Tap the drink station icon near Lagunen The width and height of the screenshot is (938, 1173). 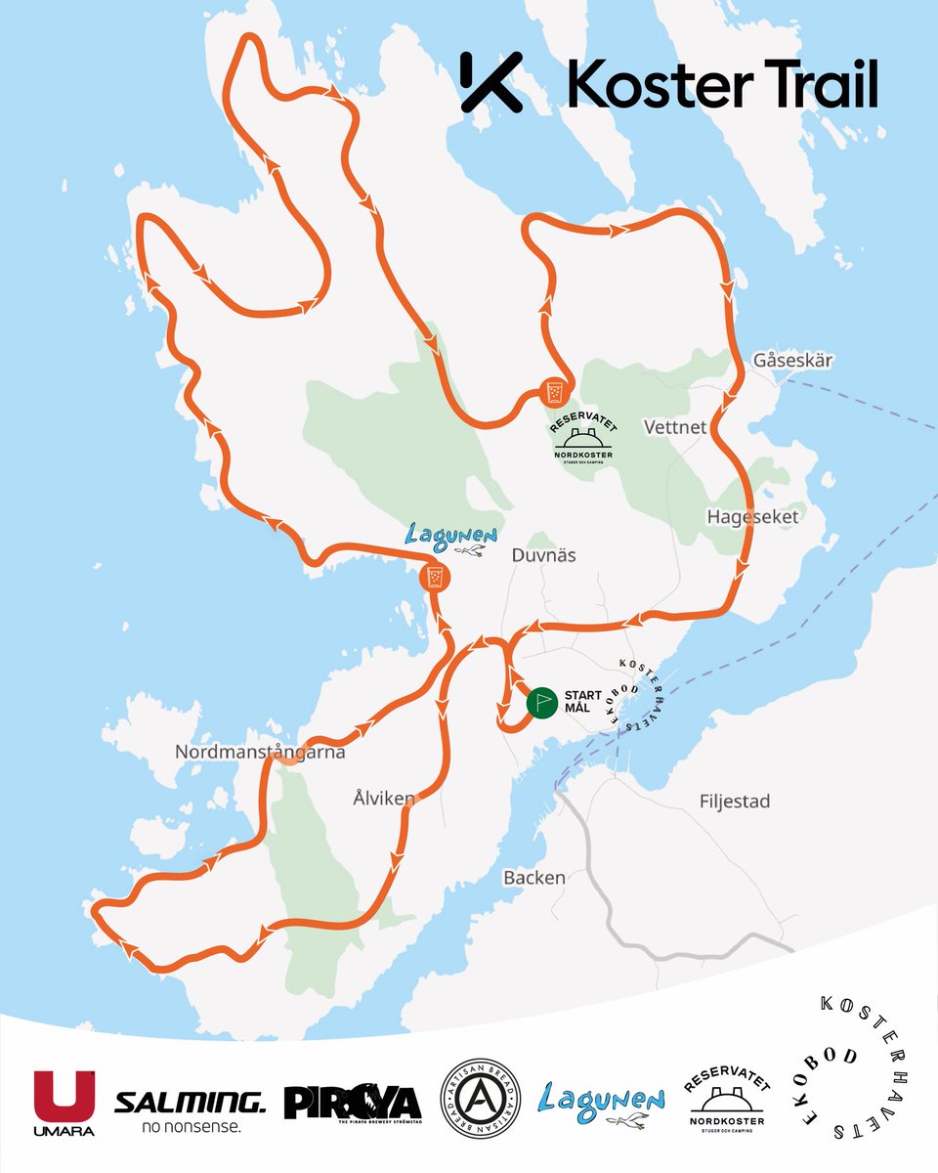(x=434, y=578)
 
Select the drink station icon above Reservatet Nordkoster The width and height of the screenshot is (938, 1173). (x=554, y=393)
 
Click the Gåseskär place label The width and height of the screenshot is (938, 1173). (x=792, y=361)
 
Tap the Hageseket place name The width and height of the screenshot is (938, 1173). (x=750, y=516)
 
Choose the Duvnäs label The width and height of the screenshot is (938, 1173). (x=544, y=555)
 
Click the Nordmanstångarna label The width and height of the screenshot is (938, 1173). (x=260, y=753)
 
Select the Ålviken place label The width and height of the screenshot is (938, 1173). (x=384, y=799)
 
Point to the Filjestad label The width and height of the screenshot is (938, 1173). (x=735, y=802)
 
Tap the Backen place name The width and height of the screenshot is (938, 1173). (x=534, y=878)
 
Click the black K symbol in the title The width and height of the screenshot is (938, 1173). (x=490, y=82)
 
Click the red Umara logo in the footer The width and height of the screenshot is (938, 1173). (x=64, y=1103)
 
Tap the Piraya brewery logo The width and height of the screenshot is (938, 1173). (x=352, y=1103)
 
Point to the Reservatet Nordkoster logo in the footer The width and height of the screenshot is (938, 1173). (x=727, y=1102)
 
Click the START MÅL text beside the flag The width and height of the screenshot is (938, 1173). (x=583, y=702)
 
